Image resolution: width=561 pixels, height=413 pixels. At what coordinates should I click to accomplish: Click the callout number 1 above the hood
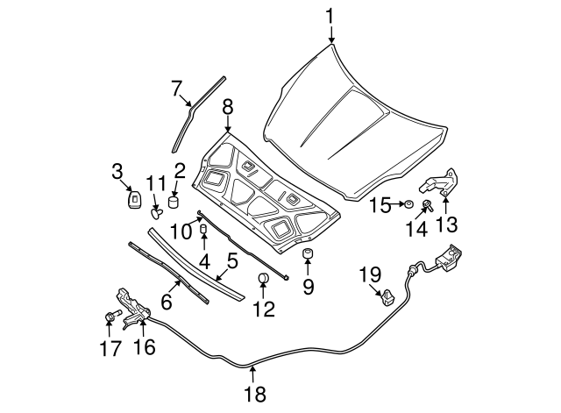(x=330, y=16)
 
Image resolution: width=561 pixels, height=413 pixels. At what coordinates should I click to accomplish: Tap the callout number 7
(x=176, y=89)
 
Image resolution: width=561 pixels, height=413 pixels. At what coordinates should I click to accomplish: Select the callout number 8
(x=227, y=107)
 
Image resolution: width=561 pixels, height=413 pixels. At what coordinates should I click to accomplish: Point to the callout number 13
(x=447, y=226)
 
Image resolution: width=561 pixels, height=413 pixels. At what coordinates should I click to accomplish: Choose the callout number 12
(x=264, y=309)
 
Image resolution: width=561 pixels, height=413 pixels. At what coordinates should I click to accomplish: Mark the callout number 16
(x=143, y=346)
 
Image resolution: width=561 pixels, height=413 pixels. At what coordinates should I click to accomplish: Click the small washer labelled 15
(x=407, y=205)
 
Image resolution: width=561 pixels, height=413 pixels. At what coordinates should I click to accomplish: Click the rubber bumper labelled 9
(x=309, y=254)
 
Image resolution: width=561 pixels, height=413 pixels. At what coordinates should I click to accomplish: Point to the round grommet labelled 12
(x=263, y=281)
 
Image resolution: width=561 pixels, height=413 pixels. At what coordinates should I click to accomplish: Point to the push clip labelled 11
(x=157, y=210)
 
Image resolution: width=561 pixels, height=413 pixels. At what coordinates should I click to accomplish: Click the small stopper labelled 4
(x=203, y=230)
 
